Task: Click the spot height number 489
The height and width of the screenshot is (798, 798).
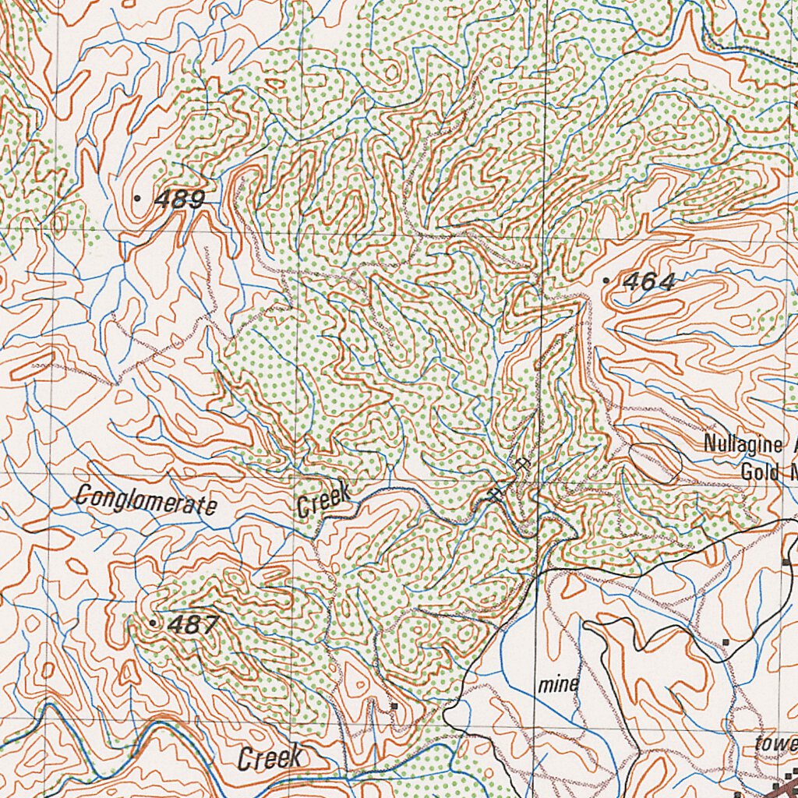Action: pyautogui.click(x=180, y=199)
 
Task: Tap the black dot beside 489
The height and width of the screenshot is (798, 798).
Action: pyautogui.click(x=138, y=199)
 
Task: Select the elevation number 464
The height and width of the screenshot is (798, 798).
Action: pyautogui.click(x=648, y=281)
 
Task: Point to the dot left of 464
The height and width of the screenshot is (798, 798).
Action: pyautogui.click(x=606, y=280)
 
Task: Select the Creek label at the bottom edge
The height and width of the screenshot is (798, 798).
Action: pyautogui.click(x=269, y=757)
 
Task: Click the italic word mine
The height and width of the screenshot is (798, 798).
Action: pyautogui.click(x=559, y=685)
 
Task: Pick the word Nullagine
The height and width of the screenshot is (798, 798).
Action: pyautogui.click(x=742, y=445)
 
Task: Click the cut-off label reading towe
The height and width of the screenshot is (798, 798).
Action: pyautogui.click(x=775, y=743)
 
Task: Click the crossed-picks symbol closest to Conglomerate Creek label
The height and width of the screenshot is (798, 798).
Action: pyautogui.click(x=493, y=494)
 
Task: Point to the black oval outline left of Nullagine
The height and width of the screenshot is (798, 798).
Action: pyautogui.click(x=655, y=461)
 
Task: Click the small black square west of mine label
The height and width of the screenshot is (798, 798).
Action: pyautogui.click(x=394, y=706)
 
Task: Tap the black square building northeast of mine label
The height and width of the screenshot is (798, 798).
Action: pyautogui.click(x=726, y=642)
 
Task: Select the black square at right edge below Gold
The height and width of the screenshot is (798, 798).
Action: pyautogui.click(x=786, y=561)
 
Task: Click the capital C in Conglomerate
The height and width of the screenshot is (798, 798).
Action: pyautogui.click(x=82, y=496)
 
